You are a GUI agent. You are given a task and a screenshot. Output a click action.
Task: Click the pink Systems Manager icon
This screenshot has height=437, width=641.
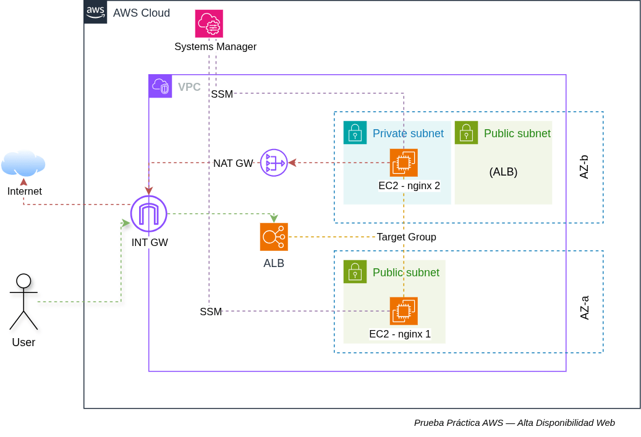209,23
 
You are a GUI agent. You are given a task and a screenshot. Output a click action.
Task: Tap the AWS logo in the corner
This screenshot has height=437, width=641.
96,12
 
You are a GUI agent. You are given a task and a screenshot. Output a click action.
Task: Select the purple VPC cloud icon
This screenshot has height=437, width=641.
160,87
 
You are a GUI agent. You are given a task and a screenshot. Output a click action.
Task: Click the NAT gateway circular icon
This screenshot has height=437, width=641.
274,163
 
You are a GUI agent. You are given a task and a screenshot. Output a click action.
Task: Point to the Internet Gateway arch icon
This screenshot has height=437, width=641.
149,214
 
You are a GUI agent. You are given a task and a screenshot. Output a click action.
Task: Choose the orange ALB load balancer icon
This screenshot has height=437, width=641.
274,237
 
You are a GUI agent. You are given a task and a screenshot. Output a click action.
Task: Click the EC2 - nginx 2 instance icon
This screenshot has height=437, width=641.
404,163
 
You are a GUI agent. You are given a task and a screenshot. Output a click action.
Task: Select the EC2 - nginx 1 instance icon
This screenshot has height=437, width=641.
404,311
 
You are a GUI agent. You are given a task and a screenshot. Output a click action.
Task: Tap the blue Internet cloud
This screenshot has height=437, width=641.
23,163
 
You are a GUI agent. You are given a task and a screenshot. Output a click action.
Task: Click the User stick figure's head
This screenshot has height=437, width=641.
23,281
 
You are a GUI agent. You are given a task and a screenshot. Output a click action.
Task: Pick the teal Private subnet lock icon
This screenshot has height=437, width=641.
355,132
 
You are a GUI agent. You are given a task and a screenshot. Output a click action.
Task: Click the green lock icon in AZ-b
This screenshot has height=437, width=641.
467,132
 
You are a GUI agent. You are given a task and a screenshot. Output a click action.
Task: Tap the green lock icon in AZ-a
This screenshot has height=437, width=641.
355,272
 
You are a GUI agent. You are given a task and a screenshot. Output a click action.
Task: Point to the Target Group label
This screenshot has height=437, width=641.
406,237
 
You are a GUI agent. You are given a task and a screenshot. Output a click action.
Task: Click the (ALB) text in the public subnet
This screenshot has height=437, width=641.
503,172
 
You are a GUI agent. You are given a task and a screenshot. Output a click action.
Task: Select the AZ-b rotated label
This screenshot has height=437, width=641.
584,167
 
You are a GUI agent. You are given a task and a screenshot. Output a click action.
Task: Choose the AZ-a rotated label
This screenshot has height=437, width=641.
585,307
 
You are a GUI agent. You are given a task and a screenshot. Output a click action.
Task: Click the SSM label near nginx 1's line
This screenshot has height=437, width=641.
211,312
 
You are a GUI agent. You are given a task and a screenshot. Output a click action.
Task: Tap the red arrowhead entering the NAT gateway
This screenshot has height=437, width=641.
292,163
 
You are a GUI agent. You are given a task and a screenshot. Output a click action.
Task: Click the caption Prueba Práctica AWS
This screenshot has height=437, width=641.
459,423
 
